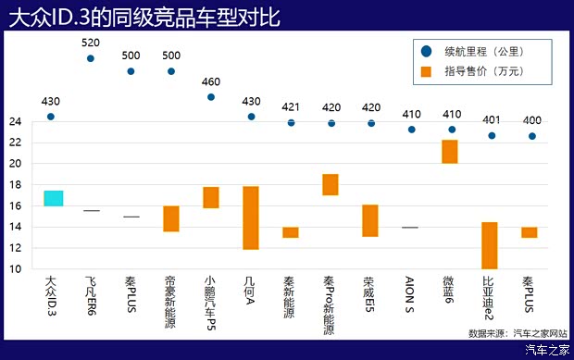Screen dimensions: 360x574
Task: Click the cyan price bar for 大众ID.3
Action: (53, 198)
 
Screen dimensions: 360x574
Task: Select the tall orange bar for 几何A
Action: (251, 217)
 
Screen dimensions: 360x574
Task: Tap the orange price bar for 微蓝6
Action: (450, 151)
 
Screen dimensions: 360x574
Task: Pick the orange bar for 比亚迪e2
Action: (490, 245)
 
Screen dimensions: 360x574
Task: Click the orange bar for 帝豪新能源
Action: (171, 218)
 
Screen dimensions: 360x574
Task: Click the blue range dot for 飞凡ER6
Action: (91, 58)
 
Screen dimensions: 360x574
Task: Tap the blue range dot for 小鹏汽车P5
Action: (211, 96)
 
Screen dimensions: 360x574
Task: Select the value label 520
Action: (91, 43)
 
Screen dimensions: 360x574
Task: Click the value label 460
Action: (211, 81)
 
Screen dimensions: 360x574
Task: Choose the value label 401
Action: (492, 119)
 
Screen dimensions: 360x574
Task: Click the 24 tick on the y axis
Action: (15, 121)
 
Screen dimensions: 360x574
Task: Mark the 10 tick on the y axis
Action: (15, 269)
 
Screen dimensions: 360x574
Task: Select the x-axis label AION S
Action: (410, 292)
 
